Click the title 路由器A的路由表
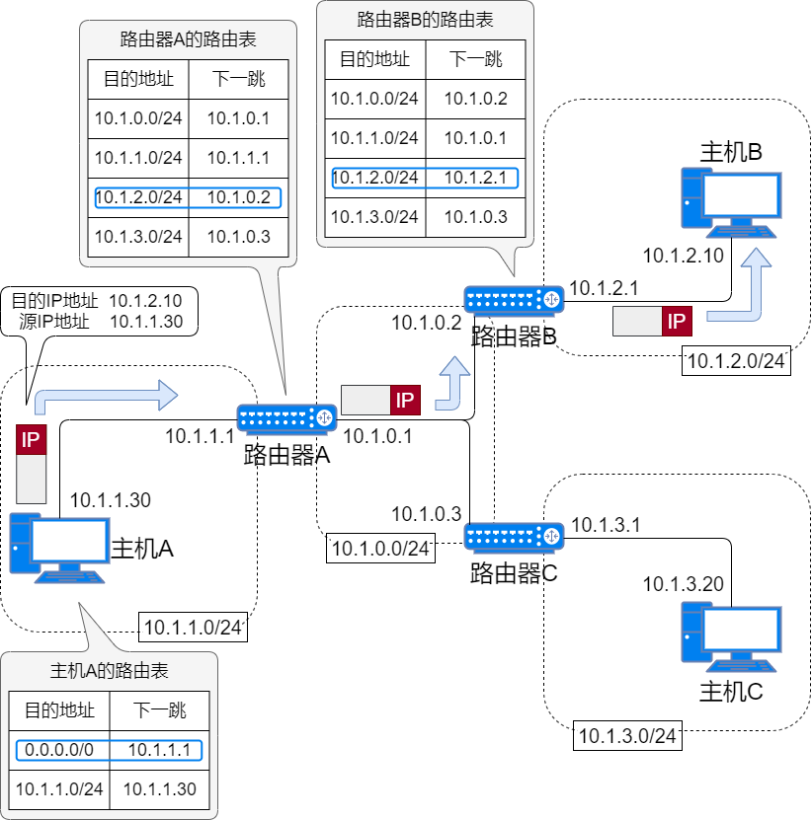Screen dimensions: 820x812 click(188, 39)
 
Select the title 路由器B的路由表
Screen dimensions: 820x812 click(425, 20)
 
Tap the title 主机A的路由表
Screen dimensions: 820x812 click(109, 672)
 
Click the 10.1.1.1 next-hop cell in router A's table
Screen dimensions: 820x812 click(238, 158)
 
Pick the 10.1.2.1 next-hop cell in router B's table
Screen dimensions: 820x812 click(475, 178)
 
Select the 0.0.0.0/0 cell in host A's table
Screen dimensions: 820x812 click(59, 751)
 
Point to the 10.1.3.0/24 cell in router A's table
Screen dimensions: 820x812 click(138, 237)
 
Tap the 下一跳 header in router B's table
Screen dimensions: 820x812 click(475, 59)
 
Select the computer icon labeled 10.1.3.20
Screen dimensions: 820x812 click(731, 637)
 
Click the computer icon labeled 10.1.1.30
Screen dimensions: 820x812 click(58, 547)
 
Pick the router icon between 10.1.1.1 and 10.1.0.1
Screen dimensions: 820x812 click(287, 418)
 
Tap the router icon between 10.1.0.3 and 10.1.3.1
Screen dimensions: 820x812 click(514, 536)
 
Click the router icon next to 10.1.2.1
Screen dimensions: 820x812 click(514, 299)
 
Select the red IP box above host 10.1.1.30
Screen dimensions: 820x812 click(32, 439)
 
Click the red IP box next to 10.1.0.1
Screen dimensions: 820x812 click(405, 400)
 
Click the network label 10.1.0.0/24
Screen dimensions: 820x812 click(380, 549)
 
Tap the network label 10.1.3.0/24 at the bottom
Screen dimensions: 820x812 click(626, 735)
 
